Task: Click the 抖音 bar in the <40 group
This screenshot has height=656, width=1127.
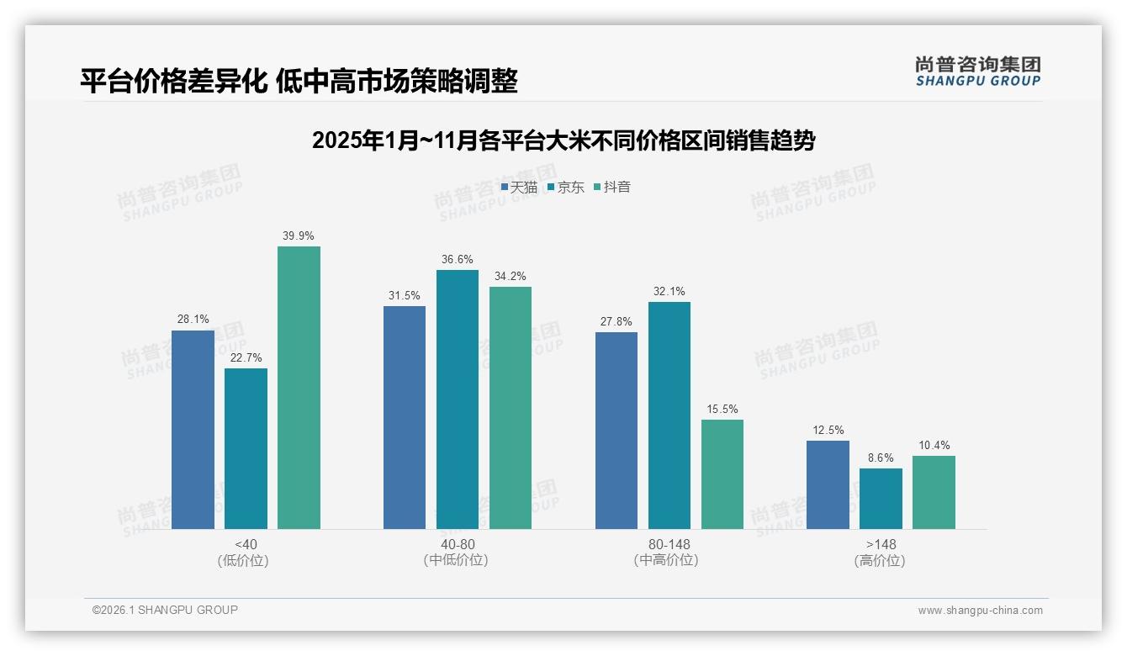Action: click(x=299, y=388)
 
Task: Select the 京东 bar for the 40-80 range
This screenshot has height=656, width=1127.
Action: click(x=457, y=399)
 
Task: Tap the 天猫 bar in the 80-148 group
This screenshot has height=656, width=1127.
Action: click(x=616, y=431)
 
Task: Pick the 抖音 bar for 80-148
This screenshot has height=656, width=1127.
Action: click(x=722, y=474)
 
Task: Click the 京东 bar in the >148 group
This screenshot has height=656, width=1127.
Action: click(x=881, y=499)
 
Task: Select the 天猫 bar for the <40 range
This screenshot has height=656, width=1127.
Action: click(x=193, y=430)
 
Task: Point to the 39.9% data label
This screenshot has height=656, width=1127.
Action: click(x=299, y=236)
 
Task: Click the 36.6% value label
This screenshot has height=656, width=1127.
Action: click(x=457, y=260)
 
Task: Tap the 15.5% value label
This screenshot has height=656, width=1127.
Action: click(x=722, y=410)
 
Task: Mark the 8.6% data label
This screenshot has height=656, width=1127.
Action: click(x=881, y=458)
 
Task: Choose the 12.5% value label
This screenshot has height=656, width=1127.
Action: click(x=828, y=431)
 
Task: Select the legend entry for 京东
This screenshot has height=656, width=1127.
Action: click(x=566, y=188)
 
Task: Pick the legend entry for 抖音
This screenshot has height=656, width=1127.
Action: click(x=612, y=188)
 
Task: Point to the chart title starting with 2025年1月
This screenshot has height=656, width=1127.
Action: click(x=563, y=140)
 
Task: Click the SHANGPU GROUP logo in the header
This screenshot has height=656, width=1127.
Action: click(x=978, y=71)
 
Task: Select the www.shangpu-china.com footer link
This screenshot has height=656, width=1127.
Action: click(x=980, y=611)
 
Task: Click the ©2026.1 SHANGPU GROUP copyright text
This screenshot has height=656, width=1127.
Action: click(x=165, y=610)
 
